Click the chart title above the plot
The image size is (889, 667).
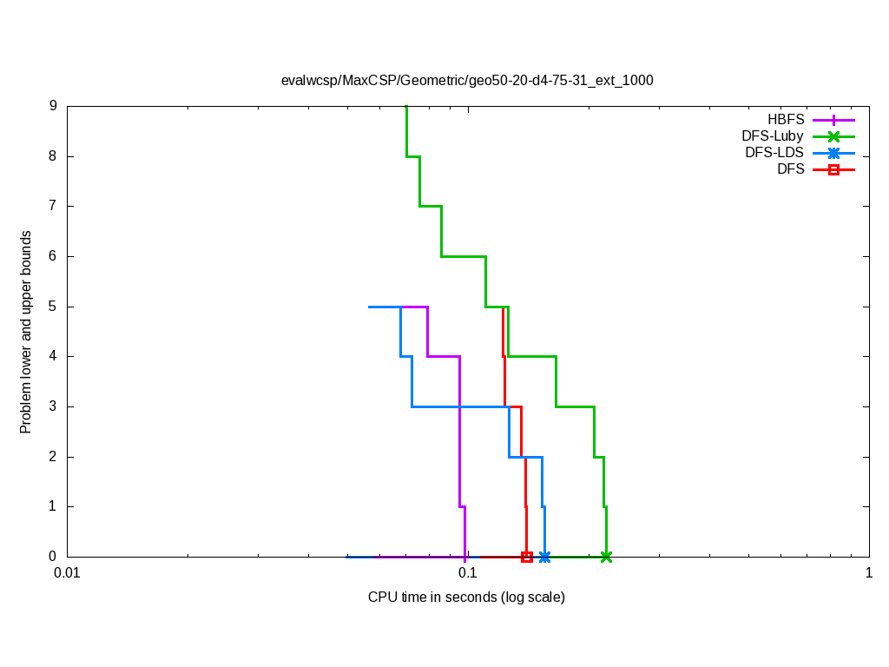467,81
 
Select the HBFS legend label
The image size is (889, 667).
786,120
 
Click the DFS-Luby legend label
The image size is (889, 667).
773,136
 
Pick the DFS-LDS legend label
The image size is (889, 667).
774,153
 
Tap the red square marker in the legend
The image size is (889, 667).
833,169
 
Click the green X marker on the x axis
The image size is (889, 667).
606,557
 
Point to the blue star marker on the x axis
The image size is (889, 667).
544,557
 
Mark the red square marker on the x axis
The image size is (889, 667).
527,557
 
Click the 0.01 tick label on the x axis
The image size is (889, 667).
67,573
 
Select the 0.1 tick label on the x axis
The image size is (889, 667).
468,573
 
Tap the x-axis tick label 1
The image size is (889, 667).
868,573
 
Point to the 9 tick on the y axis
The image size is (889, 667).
53,106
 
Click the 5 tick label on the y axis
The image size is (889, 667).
53,307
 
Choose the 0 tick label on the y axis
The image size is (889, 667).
53,557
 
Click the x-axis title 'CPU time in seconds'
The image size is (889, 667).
466,598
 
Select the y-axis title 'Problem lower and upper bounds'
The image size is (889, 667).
26,332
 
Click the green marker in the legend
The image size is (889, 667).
833,136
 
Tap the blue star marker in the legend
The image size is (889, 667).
833,153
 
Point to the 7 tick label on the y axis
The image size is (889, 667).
53,207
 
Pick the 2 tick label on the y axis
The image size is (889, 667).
53,457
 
